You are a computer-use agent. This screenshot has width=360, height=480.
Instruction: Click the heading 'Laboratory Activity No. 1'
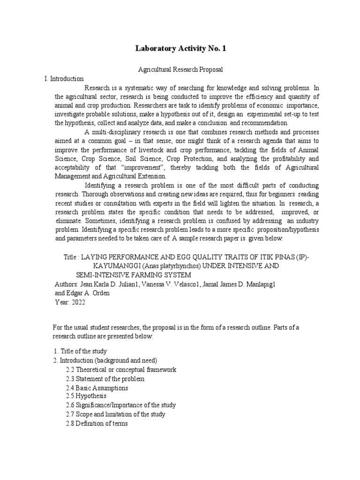(180, 48)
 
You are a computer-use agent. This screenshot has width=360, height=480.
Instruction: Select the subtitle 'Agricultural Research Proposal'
(180, 69)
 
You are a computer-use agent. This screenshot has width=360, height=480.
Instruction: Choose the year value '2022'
(79, 302)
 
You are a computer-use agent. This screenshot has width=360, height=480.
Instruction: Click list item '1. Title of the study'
(80, 351)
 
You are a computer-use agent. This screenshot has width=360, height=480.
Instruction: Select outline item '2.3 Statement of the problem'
(105, 379)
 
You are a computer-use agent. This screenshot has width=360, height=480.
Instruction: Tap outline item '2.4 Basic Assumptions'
(97, 388)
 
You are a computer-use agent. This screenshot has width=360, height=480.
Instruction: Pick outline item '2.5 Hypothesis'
(86, 396)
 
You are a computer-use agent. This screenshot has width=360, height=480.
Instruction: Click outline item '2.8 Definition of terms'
(97, 424)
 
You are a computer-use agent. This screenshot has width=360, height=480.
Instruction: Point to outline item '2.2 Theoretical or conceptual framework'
(121, 370)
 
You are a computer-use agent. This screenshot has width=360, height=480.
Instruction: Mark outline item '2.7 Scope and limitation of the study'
(115, 414)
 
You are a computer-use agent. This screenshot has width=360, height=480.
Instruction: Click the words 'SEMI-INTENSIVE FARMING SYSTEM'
(134, 275)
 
